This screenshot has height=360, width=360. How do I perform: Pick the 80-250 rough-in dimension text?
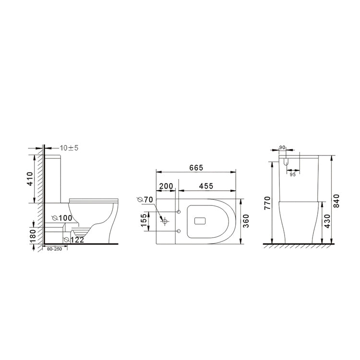[52, 250]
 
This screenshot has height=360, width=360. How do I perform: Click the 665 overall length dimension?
[196, 168]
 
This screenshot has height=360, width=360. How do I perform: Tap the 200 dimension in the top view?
[167, 186]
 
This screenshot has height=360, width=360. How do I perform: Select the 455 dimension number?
[207, 186]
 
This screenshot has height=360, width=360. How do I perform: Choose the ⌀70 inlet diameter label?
[145, 199]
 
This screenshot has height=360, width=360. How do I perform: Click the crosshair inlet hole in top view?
[165, 221]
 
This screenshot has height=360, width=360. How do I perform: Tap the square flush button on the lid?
[200, 221]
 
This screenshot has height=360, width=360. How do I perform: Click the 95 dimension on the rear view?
[292, 175]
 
